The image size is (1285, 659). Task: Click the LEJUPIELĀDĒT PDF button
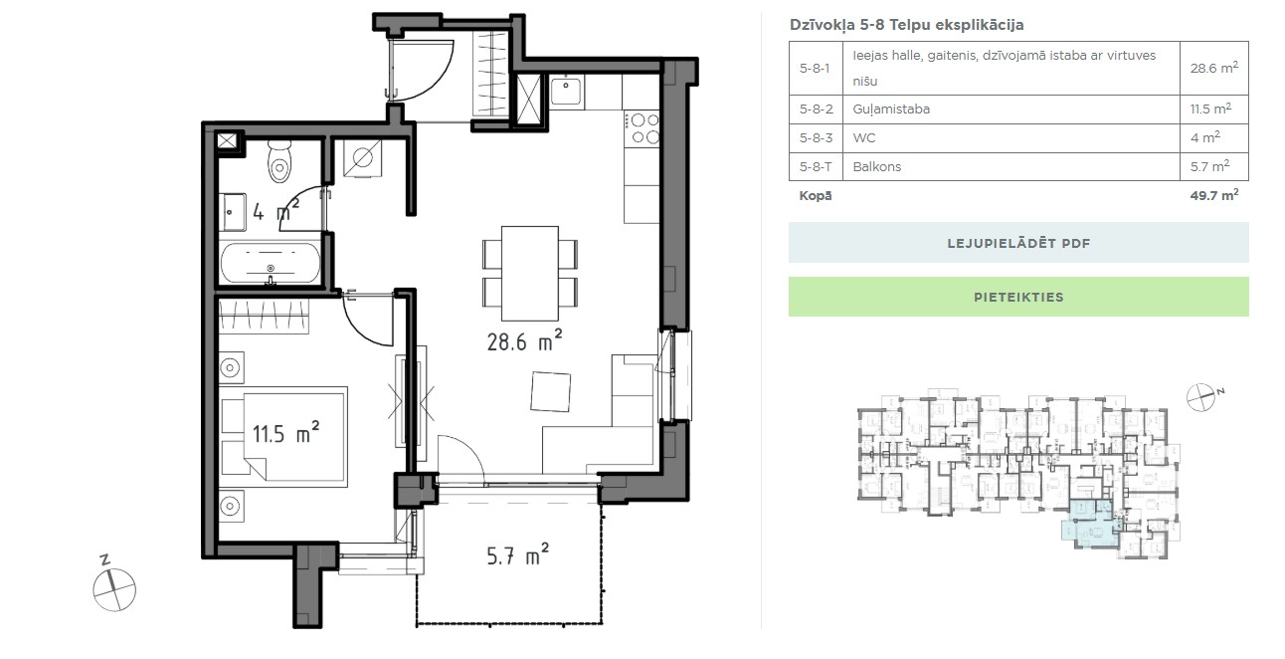point(1018,243)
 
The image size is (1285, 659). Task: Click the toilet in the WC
point(279,161)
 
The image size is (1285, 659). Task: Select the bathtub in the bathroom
point(271,264)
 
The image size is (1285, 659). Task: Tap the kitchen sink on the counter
point(566,91)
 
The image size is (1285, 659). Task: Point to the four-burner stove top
point(642,128)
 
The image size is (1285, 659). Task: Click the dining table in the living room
point(530,273)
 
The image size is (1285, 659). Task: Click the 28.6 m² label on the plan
point(524,340)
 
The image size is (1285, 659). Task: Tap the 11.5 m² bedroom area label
point(285,432)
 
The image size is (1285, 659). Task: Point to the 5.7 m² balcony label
point(518,554)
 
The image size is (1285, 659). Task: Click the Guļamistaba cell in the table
point(891,110)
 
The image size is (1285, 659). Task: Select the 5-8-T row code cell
point(816,167)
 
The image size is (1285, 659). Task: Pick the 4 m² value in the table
point(1204,137)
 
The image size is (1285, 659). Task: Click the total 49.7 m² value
point(1213,195)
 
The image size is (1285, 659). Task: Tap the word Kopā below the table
point(816,196)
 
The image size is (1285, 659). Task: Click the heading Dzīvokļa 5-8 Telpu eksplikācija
point(906,25)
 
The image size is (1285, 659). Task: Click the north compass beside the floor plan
point(113,585)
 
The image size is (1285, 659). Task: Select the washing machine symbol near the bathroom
point(363,158)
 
